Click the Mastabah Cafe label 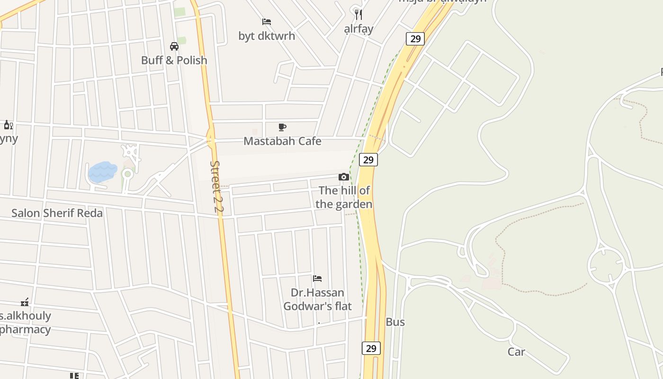click(x=282, y=141)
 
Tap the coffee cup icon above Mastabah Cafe click(x=282, y=127)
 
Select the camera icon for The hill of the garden click(x=344, y=177)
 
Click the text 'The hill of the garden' click(x=344, y=197)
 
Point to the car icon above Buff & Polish click(x=174, y=46)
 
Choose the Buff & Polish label click(x=174, y=60)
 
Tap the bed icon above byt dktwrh click(x=267, y=22)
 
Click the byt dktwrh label click(x=267, y=36)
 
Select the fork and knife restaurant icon click(x=358, y=15)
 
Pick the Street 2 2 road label click(x=216, y=186)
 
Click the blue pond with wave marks click(x=102, y=171)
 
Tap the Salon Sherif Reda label click(x=57, y=213)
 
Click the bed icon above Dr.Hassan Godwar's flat click(x=317, y=278)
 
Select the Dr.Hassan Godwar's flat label click(x=317, y=299)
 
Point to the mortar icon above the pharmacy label click(x=25, y=302)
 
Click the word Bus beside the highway click(x=395, y=322)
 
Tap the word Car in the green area click(x=516, y=352)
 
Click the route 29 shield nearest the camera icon click(x=368, y=160)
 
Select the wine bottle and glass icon click(x=8, y=125)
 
